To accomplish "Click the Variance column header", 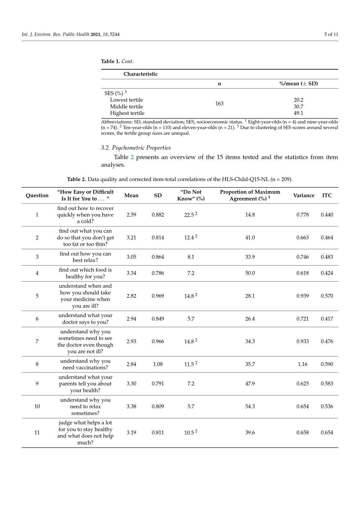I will point(303,195).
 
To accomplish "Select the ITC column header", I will point(327,195).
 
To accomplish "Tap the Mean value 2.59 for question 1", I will point(131,215).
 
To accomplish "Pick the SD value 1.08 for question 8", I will point(158,364).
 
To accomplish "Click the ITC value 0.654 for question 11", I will point(327,433).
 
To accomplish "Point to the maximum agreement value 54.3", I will point(250,406).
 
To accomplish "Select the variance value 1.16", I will point(302,364).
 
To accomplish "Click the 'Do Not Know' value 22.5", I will point(189,215).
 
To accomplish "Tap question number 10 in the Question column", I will point(37,406).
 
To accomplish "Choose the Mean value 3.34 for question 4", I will point(131,273).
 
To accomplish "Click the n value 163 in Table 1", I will point(219,104).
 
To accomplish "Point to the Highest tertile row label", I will point(127,113).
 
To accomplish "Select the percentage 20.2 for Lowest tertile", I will point(298,100).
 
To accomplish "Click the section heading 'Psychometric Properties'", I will point(136,148).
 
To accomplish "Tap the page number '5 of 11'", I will point(331,35).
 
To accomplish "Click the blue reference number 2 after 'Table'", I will point(132,157).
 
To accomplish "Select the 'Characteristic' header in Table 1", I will point(140,74).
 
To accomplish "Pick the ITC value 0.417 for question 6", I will point(327,319).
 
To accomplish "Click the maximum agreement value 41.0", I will point(250,238).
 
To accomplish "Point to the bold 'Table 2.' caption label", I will point(76,179).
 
